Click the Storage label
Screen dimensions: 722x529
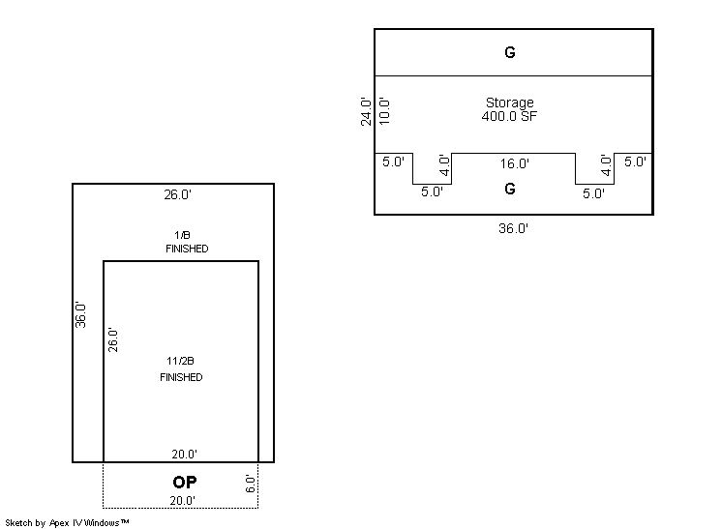(x=510, y=103)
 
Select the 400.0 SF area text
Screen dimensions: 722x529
(x=509, y=116)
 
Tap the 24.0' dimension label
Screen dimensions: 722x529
(x=366, y=111)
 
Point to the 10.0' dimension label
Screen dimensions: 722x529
(x=384, y=111)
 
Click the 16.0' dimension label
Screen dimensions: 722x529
(x=515, y=163)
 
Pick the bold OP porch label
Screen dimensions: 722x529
(x=185, y=482)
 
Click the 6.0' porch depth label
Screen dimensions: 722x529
(x=251, y=484)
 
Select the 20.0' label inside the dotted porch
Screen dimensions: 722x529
(x=182, y=501)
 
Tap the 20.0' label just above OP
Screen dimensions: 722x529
(x=184, y=455)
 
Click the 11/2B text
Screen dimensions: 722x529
(x=180, y=361)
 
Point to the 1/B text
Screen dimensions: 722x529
(x=182, y=235)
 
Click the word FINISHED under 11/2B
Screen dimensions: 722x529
(x=181, y=377)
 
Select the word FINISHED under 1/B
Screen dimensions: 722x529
(x=187, y=249)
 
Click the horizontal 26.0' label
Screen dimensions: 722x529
(x=178, y=194)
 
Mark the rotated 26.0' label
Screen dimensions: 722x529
(x=113, y=340)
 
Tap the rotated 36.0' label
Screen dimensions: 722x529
(x=80, y=315)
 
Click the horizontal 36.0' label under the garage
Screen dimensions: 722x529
(x=513, y=228)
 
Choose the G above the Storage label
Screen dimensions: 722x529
(x=510, y=52)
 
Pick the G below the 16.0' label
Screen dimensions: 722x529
(x=510, y=189)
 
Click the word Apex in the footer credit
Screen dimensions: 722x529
(x=59, y=523)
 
